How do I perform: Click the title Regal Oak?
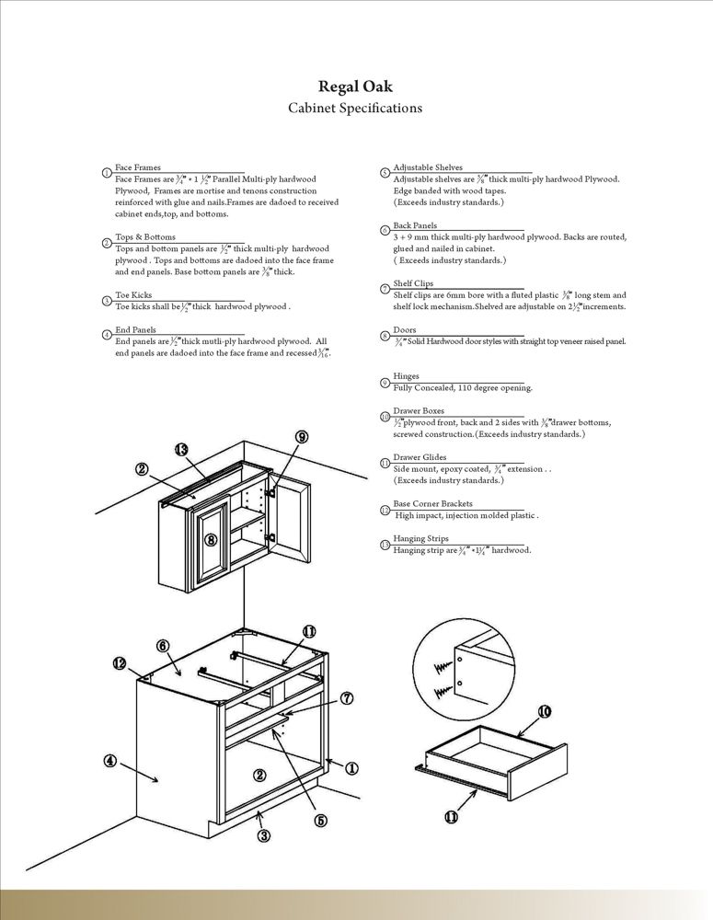355,88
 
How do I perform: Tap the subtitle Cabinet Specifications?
355,109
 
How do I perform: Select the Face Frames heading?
138,167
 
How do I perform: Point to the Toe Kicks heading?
134,295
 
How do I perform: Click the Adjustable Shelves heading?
428,167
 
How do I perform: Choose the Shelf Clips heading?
413,283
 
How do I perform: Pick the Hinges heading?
406,376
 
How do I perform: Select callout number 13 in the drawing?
181,449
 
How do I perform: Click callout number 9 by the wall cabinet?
302,436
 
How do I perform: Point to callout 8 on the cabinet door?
211,539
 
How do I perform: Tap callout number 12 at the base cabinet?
120,662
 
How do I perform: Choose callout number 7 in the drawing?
347,698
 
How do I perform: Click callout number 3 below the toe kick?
263,835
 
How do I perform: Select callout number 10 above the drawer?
544,711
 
